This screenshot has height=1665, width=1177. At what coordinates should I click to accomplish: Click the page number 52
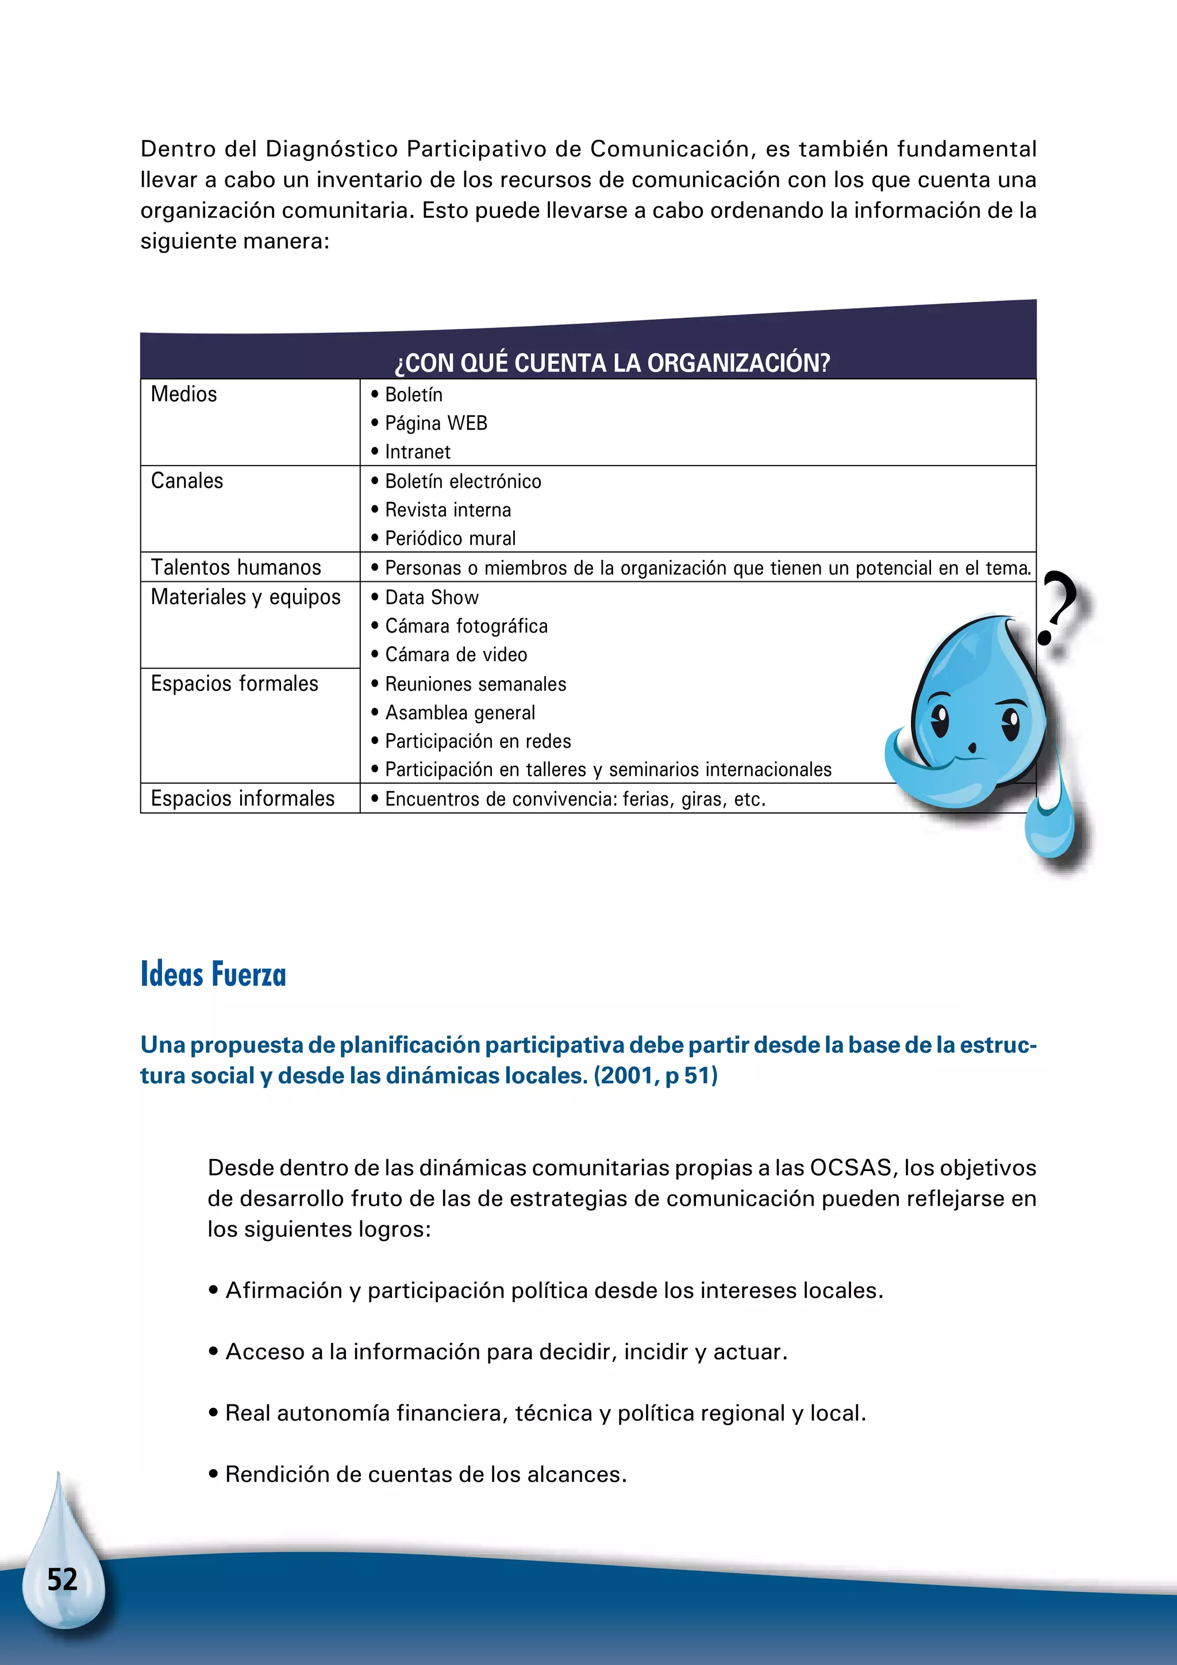pos(62,1579)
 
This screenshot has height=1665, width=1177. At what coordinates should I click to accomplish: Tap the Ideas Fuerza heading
pos(213,975)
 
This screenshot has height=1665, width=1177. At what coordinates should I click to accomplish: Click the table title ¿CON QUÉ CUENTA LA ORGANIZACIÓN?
pos(613,363)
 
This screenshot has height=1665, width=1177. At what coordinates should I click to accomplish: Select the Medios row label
pos(184,394)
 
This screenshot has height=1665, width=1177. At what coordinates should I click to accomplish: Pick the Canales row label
pos(187,481)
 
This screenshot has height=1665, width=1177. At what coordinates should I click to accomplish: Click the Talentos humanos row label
pos(236,567)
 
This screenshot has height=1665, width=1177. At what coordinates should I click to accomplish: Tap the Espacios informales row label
pos(242,799)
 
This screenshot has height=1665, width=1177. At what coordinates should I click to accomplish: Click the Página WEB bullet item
pos(436,424)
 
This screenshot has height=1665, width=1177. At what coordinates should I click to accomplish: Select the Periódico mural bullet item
pos(450,539)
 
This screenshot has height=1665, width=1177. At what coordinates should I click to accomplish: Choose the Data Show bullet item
pos(431,597)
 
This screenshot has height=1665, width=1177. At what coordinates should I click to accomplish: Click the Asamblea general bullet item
pos(460,713)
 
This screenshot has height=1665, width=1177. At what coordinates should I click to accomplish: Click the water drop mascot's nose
pos(972,747)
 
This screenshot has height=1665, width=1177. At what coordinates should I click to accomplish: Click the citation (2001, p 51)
pos(655,1076)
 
